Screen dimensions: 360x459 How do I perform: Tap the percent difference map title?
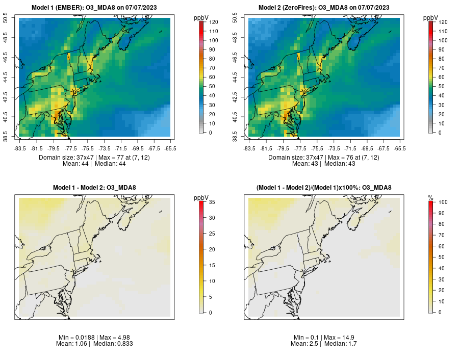pyautogui.click(x=324, y=188)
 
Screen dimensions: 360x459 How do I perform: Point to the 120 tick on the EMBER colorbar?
pyautogui.click(x=213, y=22)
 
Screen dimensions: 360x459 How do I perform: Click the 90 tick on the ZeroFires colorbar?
pyautogui.click(x=442, y=49)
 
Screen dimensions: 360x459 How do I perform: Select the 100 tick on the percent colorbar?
pyautogui.click(x=443, y=202)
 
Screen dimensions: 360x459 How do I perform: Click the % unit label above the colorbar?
pyautogui.click(x=430, y=197)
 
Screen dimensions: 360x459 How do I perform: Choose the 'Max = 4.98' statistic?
pyautogui.click(x=109, y=338)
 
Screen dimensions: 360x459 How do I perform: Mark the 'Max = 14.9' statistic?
pyautogui.click(x=339, y=338)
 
